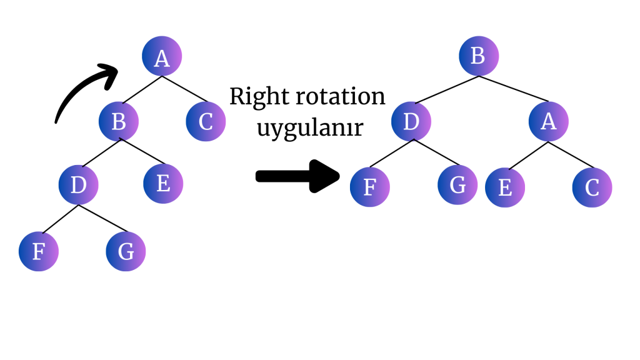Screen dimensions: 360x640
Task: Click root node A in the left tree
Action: tap(162, 57)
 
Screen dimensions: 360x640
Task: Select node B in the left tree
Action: tap(119, 121)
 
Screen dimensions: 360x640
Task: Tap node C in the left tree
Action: tap(206, 121)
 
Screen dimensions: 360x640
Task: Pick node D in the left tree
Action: tap(78, 185)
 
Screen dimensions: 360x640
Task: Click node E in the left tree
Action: tap(163, 184)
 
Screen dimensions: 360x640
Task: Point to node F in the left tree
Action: tap(38, 251)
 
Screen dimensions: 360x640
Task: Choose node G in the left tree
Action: tap(126, 251)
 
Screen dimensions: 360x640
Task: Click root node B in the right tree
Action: tap(478, 56)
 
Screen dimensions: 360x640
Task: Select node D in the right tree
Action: tap(411, 121)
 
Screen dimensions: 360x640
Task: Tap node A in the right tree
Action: tap(548, 121)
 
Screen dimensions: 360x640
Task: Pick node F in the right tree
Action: tap(369, 187)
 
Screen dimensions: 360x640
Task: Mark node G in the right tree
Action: tap(457, 186)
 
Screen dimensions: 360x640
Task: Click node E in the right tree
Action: tap(505, 187)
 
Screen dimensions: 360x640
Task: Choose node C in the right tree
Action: tap(592, 187)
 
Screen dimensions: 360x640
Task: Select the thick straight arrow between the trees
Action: tap(297, 176)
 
